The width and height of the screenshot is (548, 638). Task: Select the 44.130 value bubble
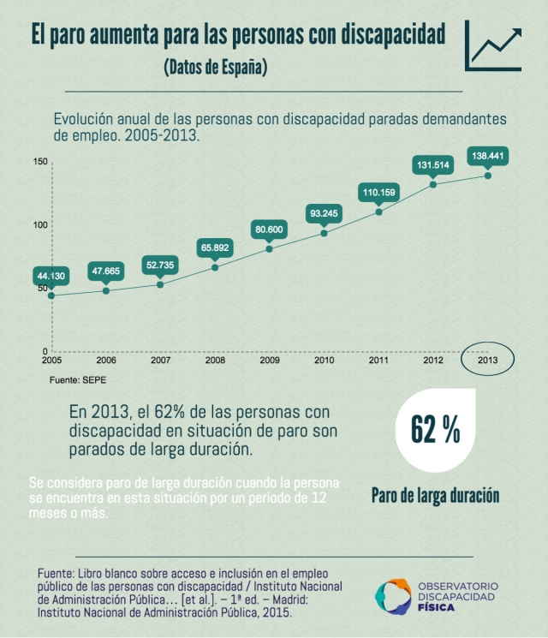pyautogui.click(x=51, y=276)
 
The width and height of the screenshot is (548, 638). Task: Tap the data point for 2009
pyautogui.click(x=269, y=248)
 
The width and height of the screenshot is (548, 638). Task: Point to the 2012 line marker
pyautogui.click(x=433, y=184)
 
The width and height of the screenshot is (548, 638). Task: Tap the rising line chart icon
pyautogui.click(x=495, y=46)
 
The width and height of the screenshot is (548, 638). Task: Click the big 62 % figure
pyautogui.click(x=435, y=431)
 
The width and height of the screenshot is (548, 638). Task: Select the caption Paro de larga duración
pyautogui.click(x=435, y=495)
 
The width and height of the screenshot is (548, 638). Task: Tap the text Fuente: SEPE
pyautogui.click(x=78, y=379)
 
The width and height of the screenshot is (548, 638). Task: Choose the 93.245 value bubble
pyautogui.click(x=324, y=213)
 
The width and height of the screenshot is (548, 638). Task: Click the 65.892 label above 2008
pyautogui.click(x=215, y=248)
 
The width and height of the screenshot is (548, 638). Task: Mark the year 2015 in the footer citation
pyautogui.click(x=274, y=613)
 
